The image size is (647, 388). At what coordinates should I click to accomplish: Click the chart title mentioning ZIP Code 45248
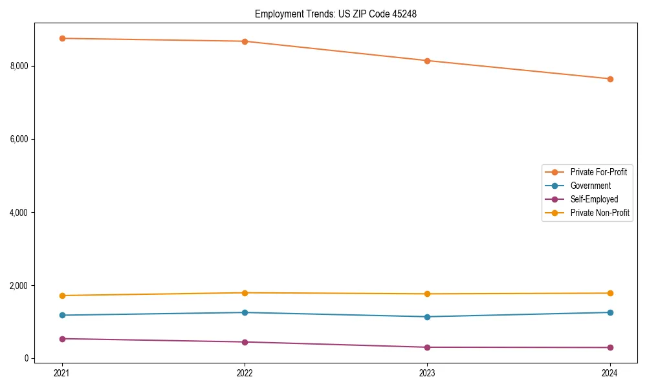[335, 14]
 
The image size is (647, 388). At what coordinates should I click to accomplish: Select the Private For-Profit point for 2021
[62, 38]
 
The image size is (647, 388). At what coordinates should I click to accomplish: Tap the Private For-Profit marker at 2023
[427, 61]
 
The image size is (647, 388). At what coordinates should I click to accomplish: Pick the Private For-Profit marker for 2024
[609, 79]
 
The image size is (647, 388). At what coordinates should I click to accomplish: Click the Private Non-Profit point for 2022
[245, 293]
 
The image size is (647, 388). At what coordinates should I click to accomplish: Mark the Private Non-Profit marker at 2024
[609, 293]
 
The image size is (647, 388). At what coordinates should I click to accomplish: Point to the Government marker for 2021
[62, 315]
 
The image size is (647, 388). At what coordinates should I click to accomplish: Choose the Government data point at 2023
[427, 317]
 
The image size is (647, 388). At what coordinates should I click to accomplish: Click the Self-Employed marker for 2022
[245, 342]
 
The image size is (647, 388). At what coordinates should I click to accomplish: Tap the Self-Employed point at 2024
[609, 347]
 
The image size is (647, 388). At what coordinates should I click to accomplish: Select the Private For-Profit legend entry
[598, 172]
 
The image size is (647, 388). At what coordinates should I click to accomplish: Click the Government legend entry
[590, 186]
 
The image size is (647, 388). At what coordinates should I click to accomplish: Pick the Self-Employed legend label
[594, 199]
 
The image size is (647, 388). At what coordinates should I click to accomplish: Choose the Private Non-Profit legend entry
[600, 213]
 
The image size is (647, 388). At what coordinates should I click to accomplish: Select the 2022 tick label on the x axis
[245, 372]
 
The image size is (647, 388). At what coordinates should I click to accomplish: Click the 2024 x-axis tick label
[609, 372]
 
